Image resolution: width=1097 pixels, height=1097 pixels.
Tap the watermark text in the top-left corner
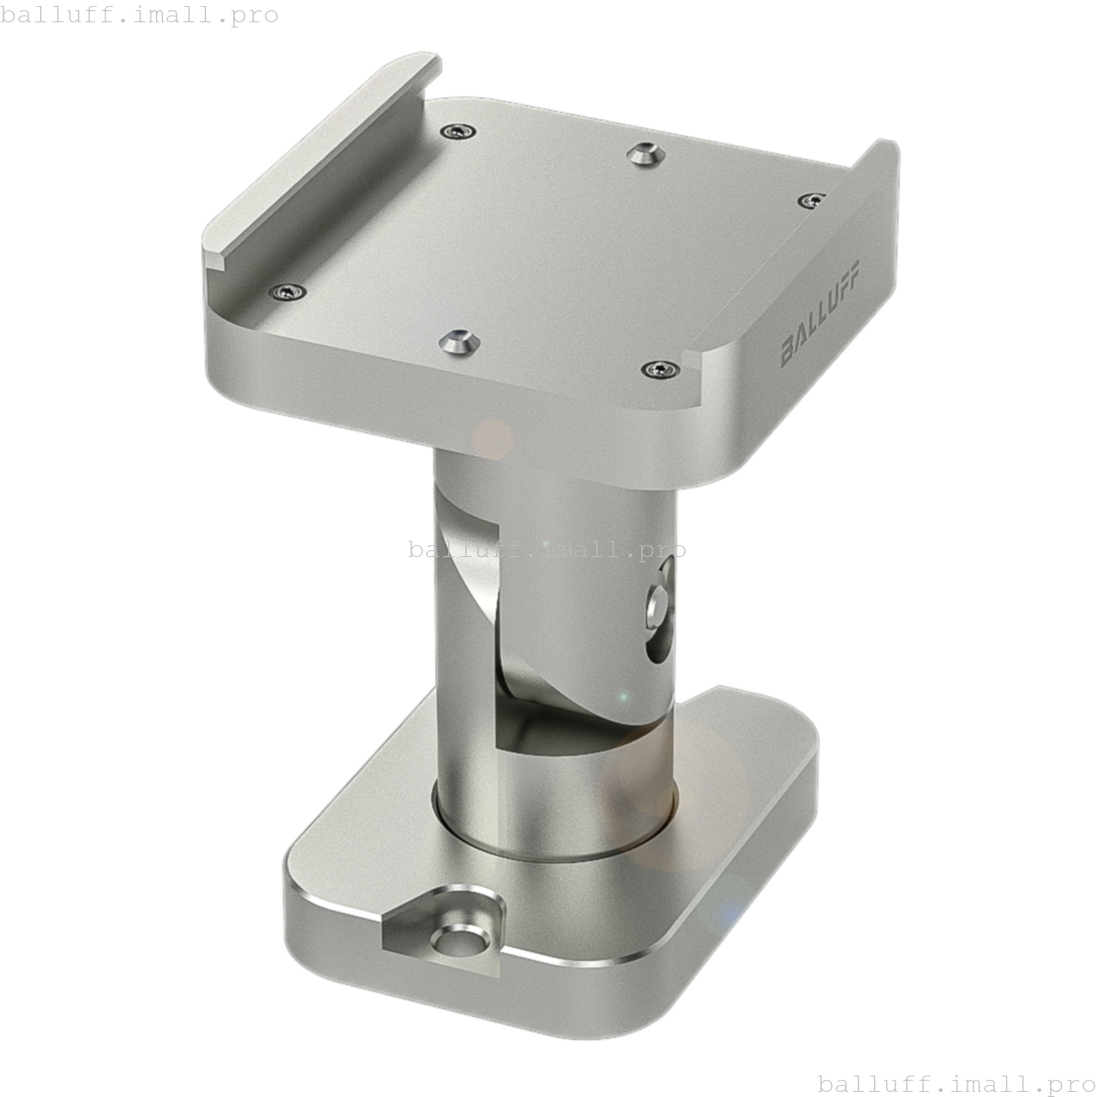[140, 15]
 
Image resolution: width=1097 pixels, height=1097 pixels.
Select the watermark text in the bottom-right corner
[956, 1083]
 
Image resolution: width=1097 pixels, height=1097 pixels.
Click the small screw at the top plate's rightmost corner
[810, 201]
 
